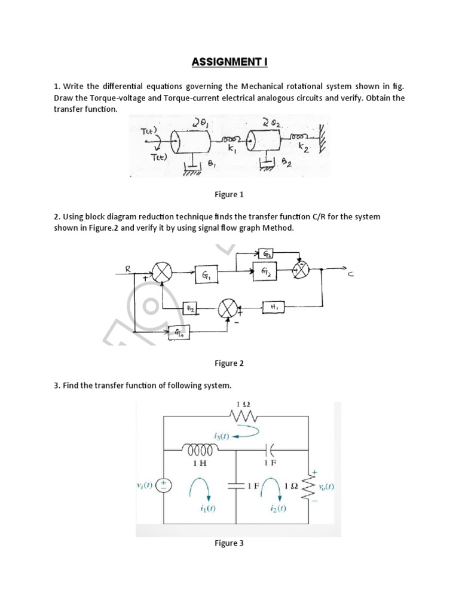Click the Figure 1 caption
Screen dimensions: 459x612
point(229,195)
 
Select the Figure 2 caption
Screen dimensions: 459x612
point(229,363)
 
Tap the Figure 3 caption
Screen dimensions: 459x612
point(229,543)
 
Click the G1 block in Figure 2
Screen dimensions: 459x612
point(206,276)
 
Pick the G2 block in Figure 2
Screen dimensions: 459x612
point(266,271)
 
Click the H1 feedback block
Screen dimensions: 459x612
point(274,307)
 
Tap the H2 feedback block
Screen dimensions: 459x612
point(189,308)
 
